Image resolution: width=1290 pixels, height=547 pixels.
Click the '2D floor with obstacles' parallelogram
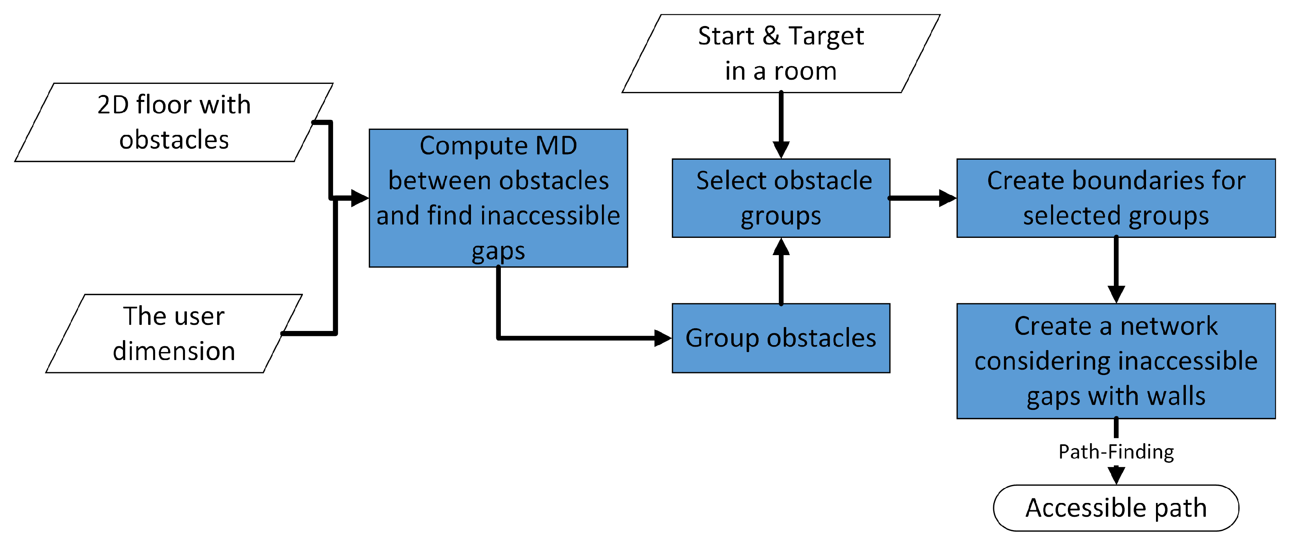174,122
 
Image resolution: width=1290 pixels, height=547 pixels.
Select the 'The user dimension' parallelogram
174,334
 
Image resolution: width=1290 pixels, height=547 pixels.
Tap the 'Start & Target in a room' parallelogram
781,54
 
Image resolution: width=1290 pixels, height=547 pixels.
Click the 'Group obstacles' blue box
781,338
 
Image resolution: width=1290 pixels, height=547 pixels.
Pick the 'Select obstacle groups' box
781,198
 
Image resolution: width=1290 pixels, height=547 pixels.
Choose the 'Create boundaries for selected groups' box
1116,198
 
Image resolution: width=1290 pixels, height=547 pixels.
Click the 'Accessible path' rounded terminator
1116,508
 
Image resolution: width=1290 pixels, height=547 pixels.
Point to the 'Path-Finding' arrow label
1116,452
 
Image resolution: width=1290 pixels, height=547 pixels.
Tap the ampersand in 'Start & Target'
771,36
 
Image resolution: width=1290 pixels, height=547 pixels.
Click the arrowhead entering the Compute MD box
360,198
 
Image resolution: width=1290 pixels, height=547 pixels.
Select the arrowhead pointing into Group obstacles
662,338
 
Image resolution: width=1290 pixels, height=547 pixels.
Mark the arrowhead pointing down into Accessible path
1116,475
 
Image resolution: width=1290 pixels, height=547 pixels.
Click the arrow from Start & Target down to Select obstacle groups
781,125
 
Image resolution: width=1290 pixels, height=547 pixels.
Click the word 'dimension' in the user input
174,351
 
